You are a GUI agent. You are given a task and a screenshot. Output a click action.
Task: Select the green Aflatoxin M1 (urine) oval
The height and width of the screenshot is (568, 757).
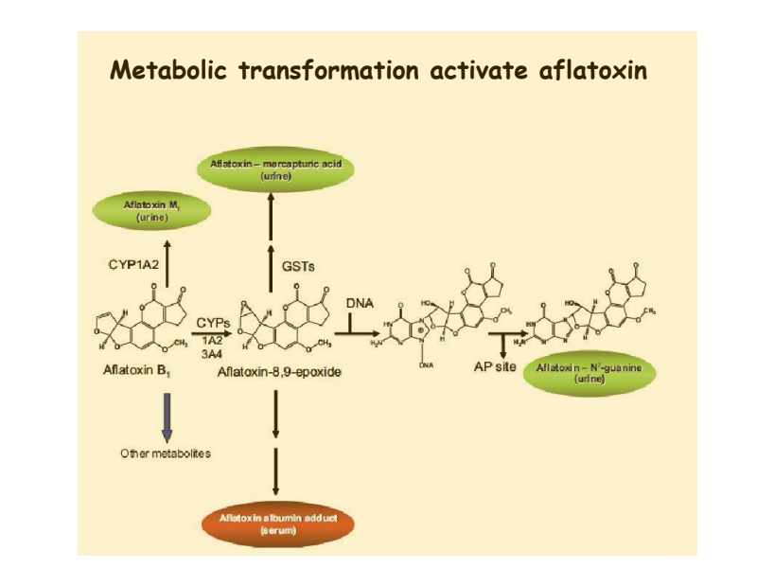(x=146, y=210)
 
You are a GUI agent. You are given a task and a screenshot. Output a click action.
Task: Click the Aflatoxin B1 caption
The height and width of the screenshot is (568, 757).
(x=137, y=370)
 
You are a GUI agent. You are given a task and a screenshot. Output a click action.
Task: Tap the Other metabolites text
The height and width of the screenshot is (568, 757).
(x=166, y=453)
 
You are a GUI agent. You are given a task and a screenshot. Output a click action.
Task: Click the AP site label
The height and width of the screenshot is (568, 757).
(x=495, y=366)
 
